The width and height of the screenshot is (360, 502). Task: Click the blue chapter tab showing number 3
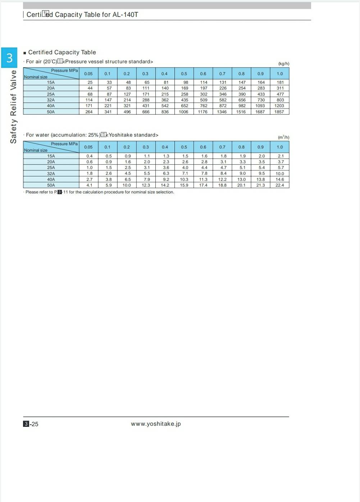point(9,58)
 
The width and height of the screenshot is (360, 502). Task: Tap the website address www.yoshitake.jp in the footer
point(156,424)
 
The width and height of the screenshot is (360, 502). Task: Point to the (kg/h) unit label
point(283,64)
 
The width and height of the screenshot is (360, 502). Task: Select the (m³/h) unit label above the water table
point(283,137)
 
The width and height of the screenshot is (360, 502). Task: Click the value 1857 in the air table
point(279,112)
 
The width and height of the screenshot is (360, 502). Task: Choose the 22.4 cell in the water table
point(279,185)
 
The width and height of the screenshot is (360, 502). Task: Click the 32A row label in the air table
point(51,100)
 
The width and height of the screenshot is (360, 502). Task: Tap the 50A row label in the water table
point(51,185)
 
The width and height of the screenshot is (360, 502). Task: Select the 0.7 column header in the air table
point(222,74)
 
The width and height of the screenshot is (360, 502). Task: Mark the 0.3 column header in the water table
point(146,147)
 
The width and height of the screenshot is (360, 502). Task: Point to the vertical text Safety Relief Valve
point(13,107)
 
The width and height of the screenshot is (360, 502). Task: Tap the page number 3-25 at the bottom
point(31,424)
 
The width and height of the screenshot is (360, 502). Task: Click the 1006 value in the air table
point(183,112)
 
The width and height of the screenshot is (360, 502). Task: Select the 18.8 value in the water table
point(223,185)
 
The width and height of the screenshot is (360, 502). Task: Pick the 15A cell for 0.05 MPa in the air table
point(90,82)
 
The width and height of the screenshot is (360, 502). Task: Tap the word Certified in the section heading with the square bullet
point(40,53)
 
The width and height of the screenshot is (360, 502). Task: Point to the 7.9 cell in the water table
point(147,179)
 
